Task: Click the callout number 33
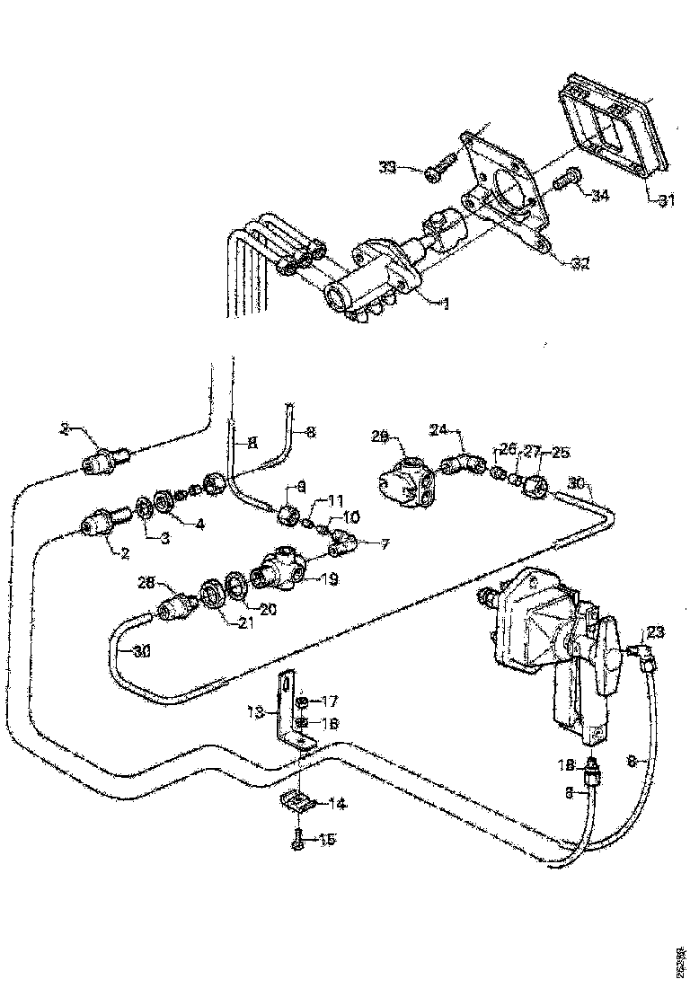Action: pos(387,167)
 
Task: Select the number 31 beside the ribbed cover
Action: pos(665,201)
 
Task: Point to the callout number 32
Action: pos(580,262)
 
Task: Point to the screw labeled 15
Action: pos(298,842)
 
